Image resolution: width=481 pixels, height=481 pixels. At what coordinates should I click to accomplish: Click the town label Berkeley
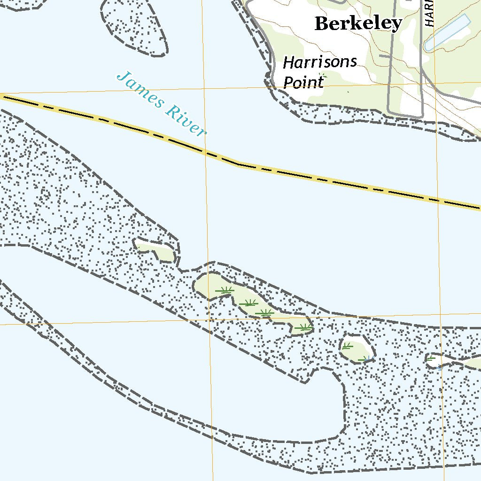pos(358,23)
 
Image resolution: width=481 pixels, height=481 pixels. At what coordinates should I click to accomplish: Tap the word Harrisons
pos(320,62)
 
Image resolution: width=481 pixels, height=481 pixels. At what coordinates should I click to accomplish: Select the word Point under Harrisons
pos(303,82)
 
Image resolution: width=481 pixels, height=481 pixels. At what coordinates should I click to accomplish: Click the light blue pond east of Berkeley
pos(447,32)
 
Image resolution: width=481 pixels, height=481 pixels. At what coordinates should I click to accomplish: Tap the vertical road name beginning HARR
pos(429,13)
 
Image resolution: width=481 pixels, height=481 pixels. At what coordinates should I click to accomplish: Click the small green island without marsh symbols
pos(157,250)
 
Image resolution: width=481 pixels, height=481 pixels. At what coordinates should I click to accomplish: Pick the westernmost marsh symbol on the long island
pos(225,291)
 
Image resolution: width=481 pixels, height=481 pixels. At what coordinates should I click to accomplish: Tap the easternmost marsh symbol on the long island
pos(303,327)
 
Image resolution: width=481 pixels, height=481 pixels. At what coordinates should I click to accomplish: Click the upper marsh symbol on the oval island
pos(347,346)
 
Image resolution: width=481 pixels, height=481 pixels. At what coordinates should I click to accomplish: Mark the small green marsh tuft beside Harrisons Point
pos(322,75)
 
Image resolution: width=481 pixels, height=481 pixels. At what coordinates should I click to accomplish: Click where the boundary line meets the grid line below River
pos(205,151)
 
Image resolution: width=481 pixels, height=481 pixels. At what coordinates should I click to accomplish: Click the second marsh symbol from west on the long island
pos(248,303)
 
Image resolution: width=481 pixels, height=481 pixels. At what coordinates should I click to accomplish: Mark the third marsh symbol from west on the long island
pos(265,312)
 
